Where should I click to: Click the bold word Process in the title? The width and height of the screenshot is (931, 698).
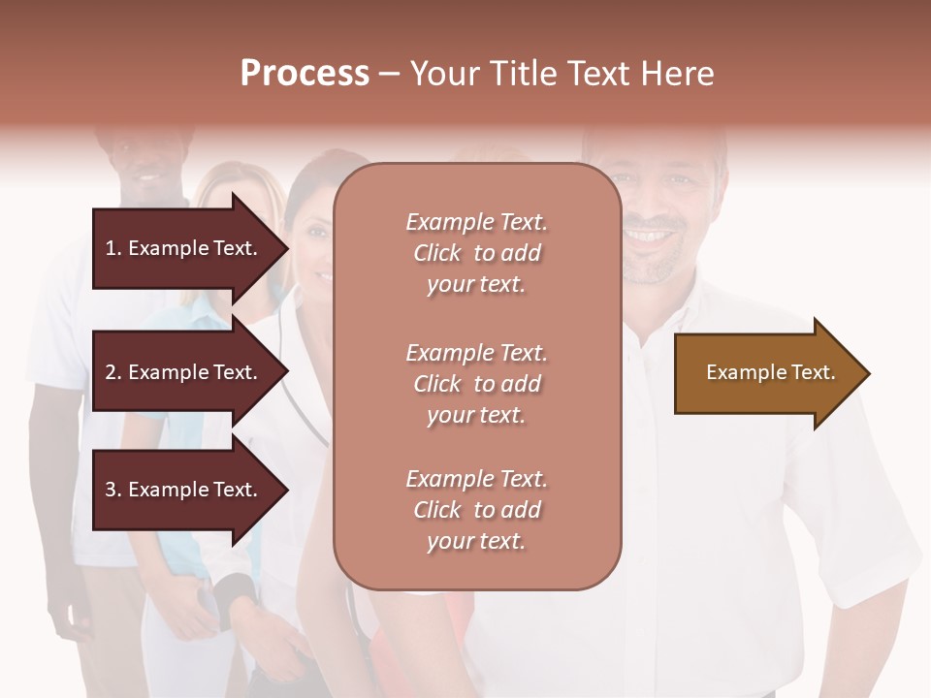[305, 74]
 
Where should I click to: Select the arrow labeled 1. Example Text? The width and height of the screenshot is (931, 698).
[184, 248]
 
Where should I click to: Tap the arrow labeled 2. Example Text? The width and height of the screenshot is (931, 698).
[184, 372]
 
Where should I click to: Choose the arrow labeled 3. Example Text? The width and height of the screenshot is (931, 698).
[184, 490]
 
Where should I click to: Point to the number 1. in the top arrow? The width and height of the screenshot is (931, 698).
[113, 248]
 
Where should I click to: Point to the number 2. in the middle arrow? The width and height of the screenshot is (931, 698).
[113, 372]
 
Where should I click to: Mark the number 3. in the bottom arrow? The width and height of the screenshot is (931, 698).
[113, 490]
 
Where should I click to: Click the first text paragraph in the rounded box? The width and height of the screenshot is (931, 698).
[476, 253]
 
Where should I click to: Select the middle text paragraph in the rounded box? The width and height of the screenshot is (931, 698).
[476, 384]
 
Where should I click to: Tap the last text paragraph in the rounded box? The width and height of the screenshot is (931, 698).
[476, 510]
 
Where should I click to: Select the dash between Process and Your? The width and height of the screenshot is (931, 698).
[389, 75]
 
